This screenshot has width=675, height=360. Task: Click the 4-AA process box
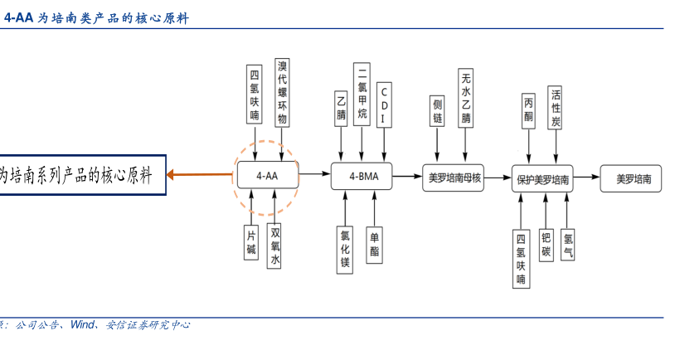coord(268,176)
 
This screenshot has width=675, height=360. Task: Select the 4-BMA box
coord(361,176)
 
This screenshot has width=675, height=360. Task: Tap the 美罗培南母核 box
coord(454,178)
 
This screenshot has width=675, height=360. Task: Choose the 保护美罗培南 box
coord(542,179)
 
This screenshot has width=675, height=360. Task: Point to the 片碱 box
coord(251,242)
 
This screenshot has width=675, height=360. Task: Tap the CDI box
coord(383,105)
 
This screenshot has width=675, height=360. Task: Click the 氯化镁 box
coord(345,247)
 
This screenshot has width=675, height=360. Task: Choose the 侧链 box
coord(437,110)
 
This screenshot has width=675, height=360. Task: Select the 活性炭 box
coord(556,106)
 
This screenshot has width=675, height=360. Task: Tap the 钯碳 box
coord(546,245)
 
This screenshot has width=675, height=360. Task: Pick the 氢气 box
coord(567,245)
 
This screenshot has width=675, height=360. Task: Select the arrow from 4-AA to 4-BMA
coord(314,174)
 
